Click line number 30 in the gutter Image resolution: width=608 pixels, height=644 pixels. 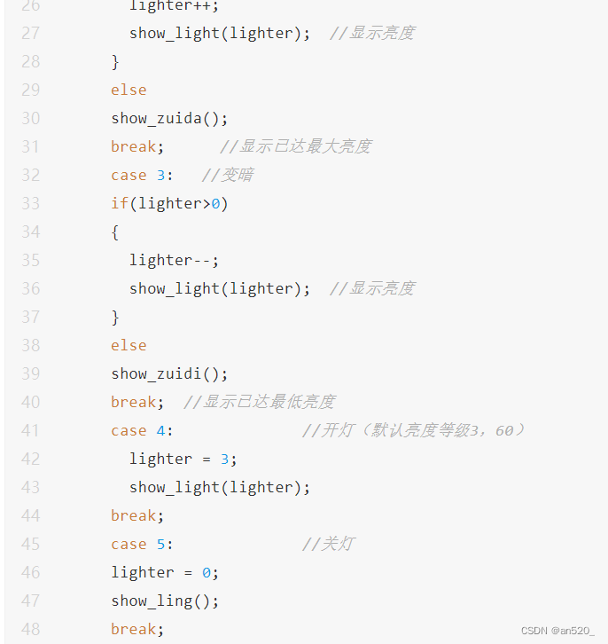pos(30,118)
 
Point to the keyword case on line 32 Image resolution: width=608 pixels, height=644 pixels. pos(129,175)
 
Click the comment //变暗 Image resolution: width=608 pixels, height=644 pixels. pos(227,175)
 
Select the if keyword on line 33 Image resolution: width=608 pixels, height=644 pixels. pos(120,203)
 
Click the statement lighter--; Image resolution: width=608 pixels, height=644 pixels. pos(174,260)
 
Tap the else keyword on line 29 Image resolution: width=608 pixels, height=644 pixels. pos(129,90)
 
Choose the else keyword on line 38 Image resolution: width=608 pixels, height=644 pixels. pos(129,345)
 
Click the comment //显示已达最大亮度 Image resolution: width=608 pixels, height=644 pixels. pos(295,146)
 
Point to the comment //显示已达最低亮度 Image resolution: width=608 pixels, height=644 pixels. pos(259,402)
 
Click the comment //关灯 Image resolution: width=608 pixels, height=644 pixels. pos(327,544)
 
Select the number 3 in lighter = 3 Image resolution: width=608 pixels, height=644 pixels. pos(225,459)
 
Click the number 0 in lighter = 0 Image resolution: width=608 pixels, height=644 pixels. pos(207,572)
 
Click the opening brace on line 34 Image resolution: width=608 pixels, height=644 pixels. pos(115,232)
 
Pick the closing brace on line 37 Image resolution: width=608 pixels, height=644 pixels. pos(115,317)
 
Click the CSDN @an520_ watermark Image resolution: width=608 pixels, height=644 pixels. pos(557,631)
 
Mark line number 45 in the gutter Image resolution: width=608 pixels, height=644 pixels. pos(30,544)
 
